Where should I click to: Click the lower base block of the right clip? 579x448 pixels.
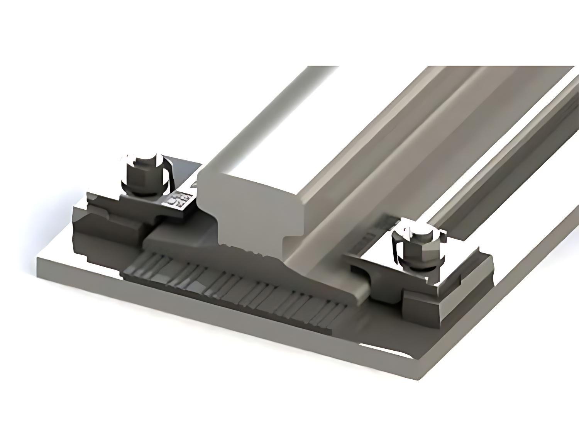point(432,305)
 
